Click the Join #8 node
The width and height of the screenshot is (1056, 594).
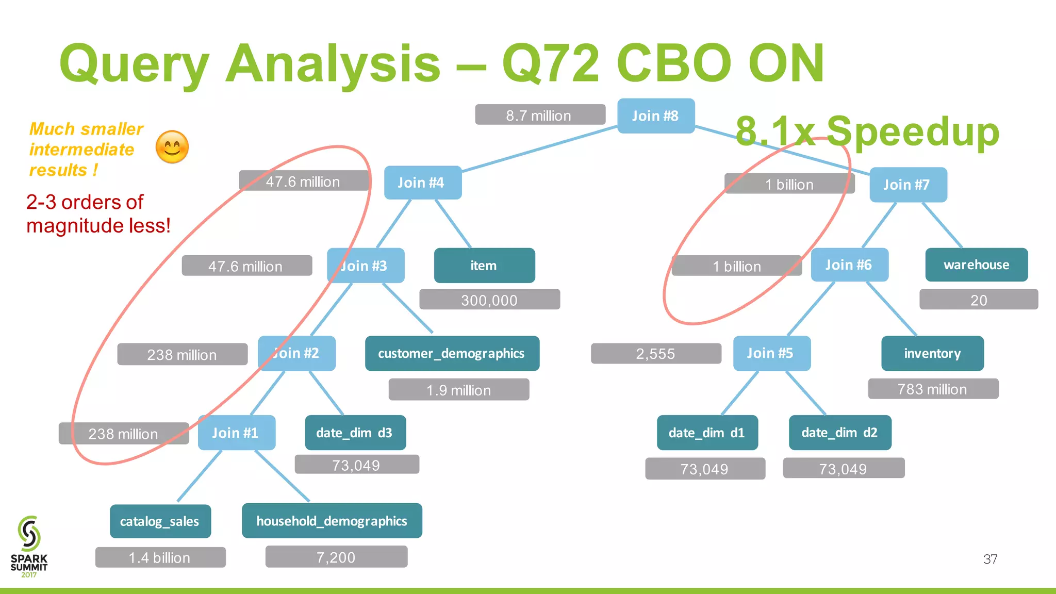656,116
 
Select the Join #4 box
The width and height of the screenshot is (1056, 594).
422,183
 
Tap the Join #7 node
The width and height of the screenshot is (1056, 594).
907,185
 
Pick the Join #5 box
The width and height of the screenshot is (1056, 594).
771,353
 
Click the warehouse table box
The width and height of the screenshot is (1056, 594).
976,265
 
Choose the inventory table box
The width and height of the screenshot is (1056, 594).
932,353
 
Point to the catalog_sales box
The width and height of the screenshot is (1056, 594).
160,521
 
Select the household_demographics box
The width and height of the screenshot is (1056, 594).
332,521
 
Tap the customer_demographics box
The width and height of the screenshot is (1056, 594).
452,353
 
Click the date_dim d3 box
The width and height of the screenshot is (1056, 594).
355,433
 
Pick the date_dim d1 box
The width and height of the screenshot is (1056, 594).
707,433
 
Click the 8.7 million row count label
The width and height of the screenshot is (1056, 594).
539,115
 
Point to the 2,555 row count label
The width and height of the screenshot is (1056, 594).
655,354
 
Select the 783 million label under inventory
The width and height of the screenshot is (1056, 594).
933,389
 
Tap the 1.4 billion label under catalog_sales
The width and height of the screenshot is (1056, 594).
160,557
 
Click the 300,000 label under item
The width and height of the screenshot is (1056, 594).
489,300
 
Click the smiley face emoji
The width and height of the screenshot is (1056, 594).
172,147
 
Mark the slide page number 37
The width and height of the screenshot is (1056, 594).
990,559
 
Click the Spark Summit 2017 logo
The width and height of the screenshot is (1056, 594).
29,547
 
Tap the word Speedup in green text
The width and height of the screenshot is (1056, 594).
913,131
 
